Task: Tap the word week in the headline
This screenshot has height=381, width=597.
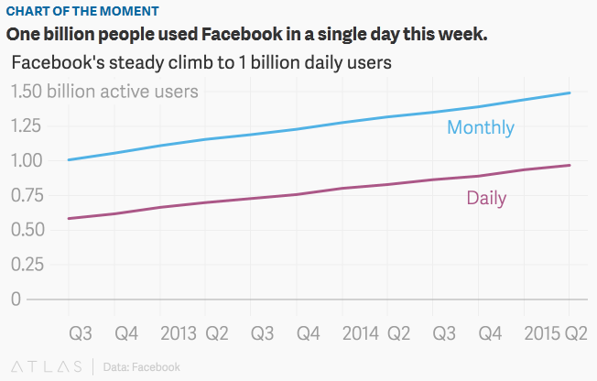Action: tap(458, 35)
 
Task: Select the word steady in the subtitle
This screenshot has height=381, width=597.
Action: tap(148, 63)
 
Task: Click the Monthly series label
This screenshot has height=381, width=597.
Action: tap(480, 128)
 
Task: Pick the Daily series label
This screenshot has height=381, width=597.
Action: tap(486, 197)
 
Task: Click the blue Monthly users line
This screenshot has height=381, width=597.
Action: tap(275, 134)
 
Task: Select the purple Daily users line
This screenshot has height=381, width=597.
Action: tap(275, 199)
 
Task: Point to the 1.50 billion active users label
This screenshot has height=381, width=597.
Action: tap(104, 92)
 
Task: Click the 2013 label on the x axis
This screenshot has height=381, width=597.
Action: tap(178, 332)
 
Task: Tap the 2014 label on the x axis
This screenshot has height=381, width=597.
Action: tap(360, 332)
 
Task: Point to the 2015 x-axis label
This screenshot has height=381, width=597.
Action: tap(542, 332)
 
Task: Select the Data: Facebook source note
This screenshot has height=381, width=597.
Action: tap(141, 367)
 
